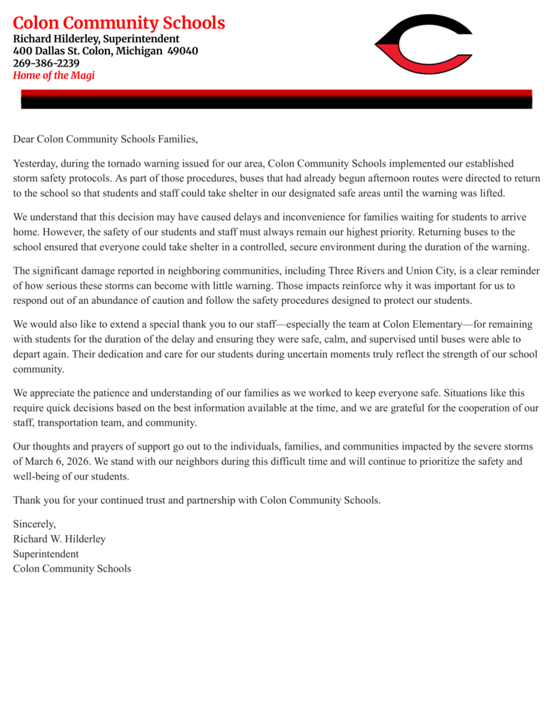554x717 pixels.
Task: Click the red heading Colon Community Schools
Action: (x=119, y=23)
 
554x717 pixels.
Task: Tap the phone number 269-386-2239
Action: (x=46, y=63)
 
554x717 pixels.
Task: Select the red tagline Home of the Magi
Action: (x=54, y=76)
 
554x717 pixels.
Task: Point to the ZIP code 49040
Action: (x=182, y=51)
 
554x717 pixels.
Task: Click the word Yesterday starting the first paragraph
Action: (x=35, y=163)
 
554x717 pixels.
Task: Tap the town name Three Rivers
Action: (x=344, y=270)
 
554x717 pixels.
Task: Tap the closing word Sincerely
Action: (x=34, y=524)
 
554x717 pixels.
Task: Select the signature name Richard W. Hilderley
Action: (x=60, y=538)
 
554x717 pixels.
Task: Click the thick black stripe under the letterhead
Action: (x=276, y=102)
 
